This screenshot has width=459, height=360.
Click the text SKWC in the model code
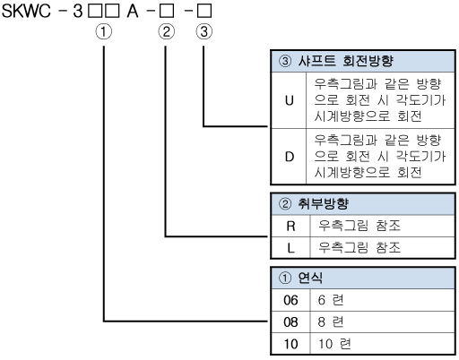click(26, 11)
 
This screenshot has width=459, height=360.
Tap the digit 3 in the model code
click(78, 11)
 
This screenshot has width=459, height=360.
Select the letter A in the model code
click(133, 11)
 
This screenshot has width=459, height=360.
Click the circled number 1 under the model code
click(104, 31)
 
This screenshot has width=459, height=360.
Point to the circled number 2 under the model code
click(166, 31)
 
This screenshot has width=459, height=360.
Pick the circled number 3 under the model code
click(204, 31)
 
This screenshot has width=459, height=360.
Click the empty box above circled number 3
click(204, 11)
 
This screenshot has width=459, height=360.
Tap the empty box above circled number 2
click(167, 11)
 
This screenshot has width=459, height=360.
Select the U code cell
click(289, 100)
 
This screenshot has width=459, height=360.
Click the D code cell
click(289, 157)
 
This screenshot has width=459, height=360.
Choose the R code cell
click(290, 227)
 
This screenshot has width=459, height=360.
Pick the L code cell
click(290, 248)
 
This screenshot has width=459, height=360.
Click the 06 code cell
click(290, 300)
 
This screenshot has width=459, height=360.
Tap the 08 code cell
click(290, 322)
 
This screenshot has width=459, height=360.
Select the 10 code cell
click(290, 344)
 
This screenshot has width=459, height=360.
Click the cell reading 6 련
click(331, 300)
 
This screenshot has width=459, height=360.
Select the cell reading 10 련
click(334, 344)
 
